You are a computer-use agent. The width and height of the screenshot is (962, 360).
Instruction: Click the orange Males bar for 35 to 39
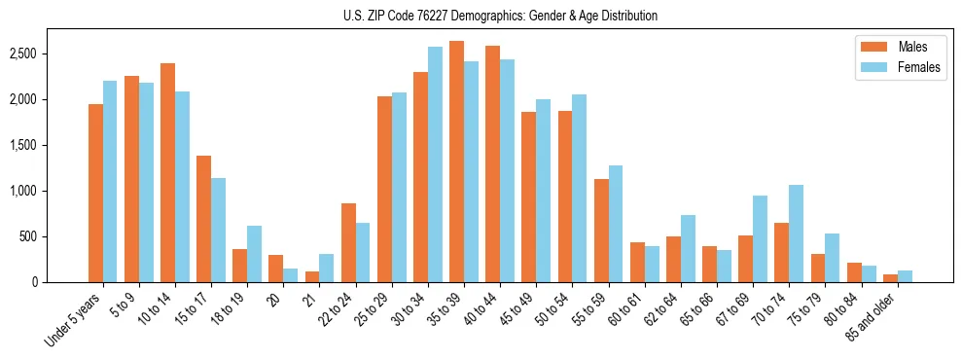click(x=456, y=162)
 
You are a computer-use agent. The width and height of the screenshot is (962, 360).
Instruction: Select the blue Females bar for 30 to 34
click(x=435, y=164)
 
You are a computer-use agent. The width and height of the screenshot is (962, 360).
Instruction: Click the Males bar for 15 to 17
click(x=203, y=219)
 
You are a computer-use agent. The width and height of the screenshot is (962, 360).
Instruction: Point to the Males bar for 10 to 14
click(x=167, y=172)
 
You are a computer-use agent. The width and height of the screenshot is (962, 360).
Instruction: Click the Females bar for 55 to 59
click(x=616, y=224)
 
